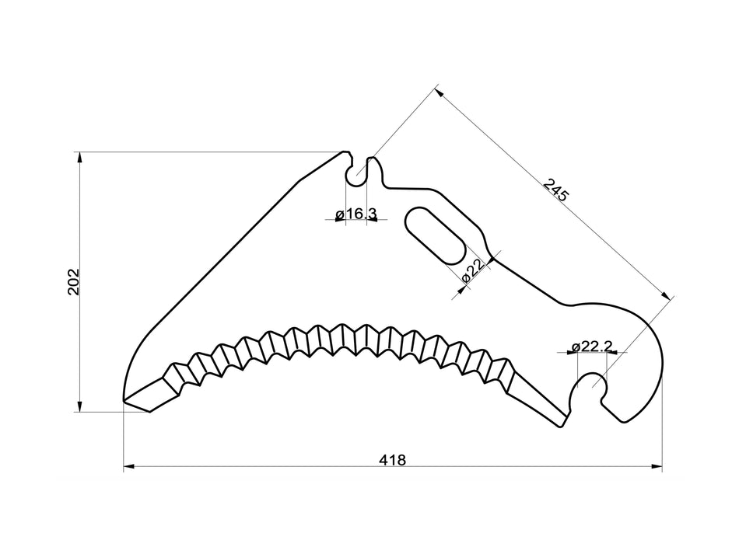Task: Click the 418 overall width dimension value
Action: point(393,459)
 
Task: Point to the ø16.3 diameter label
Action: point(356,214)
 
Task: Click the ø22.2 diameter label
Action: point(591,346)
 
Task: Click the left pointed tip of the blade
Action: point(125,401)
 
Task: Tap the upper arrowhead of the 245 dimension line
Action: point(438,92)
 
